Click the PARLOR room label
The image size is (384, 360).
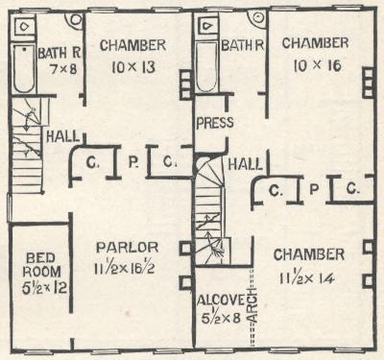pos(128,248)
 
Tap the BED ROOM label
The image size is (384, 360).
pos(41,265)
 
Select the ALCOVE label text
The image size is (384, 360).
pos(221,300)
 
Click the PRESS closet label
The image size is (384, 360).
pos(215,123)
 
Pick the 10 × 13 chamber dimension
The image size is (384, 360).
pos(133,67)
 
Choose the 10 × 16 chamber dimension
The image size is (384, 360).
pos(317,65)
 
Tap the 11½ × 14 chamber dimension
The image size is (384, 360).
pos(307,278)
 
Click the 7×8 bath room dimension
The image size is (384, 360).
pos(63,69)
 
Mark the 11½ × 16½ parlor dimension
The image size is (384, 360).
pos(125,268)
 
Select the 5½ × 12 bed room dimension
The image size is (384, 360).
pos(44,288)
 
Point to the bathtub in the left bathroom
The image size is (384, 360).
pos(23,69)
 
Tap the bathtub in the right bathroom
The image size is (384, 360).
pos(206,67)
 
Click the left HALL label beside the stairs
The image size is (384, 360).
pos(62,136)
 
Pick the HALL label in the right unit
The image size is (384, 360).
pos(245,164)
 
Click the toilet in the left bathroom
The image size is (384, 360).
pos(24,26)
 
